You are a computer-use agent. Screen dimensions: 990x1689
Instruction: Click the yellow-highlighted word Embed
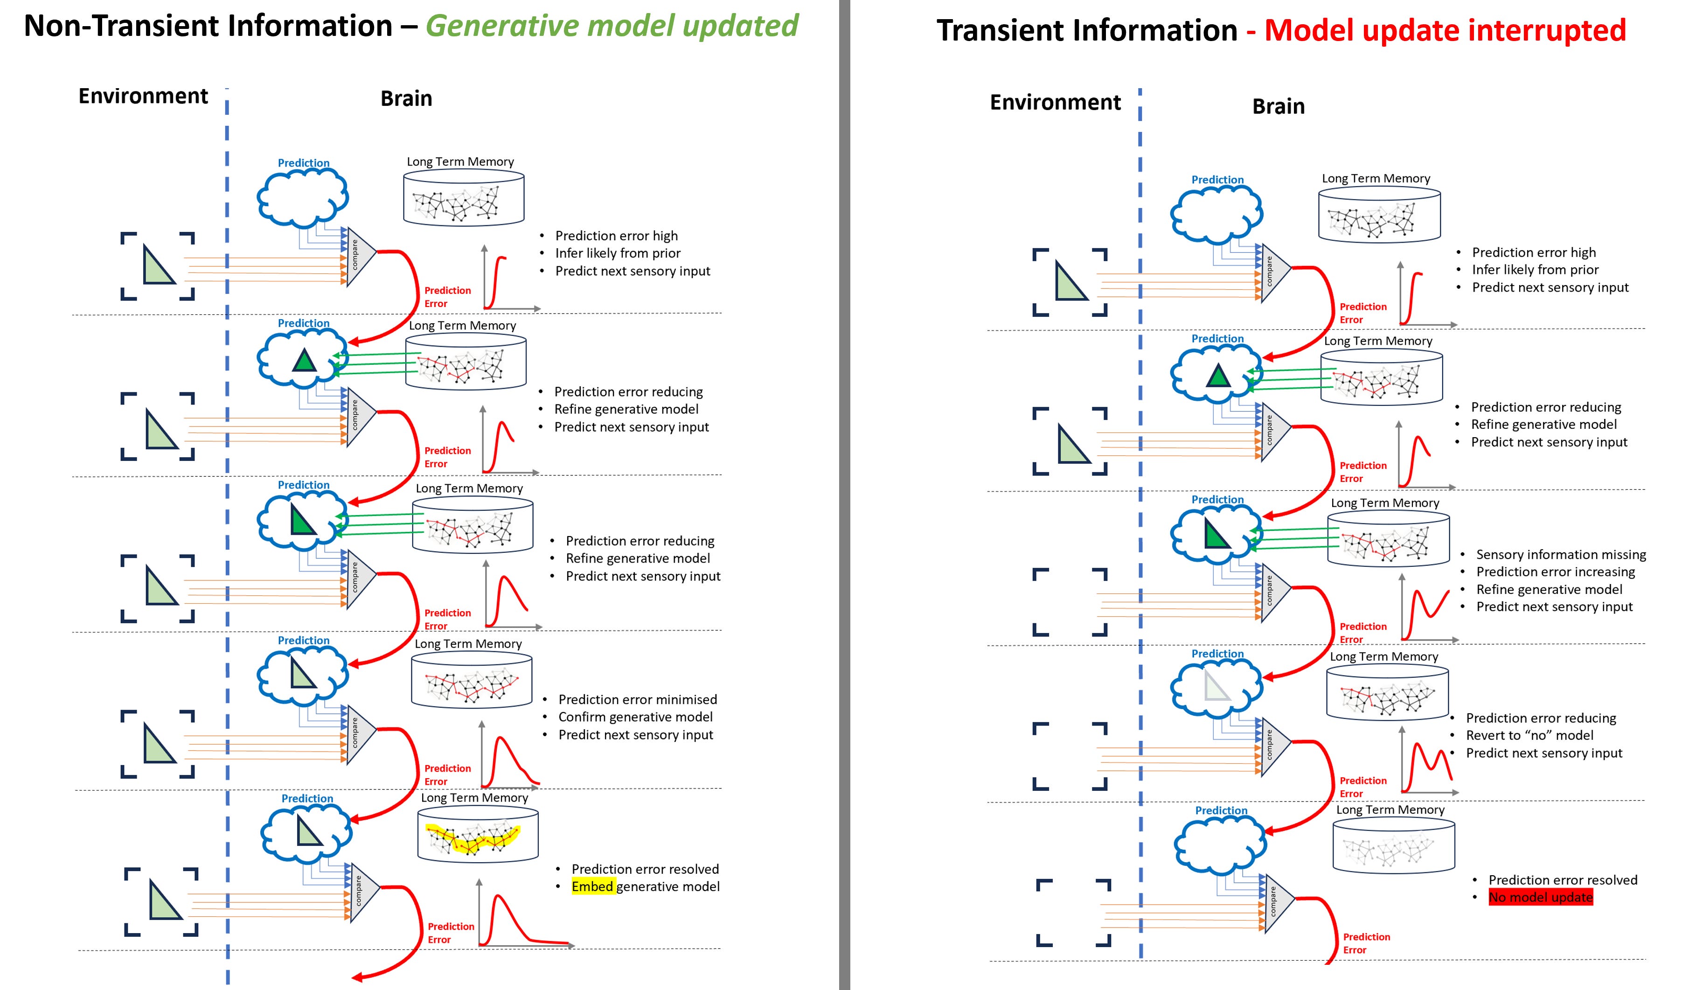pos(592,887)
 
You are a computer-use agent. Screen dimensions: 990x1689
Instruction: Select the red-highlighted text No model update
pos(1540,898)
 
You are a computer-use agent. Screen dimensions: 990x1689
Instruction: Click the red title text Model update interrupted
pos(1445,31)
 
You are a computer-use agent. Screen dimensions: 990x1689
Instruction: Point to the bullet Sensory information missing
pos(1560,554)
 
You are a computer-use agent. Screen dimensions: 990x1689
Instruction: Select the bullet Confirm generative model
pos(635,717)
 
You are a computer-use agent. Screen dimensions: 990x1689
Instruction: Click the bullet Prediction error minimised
pos(637,700)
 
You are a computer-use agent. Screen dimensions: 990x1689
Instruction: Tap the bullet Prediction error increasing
pos(1555,572)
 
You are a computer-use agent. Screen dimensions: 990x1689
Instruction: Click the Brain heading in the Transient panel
pos(1278,106)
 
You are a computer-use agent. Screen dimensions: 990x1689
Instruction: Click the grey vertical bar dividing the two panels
pos(844,495)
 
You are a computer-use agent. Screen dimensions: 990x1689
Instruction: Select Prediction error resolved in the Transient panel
pos(1562,880)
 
